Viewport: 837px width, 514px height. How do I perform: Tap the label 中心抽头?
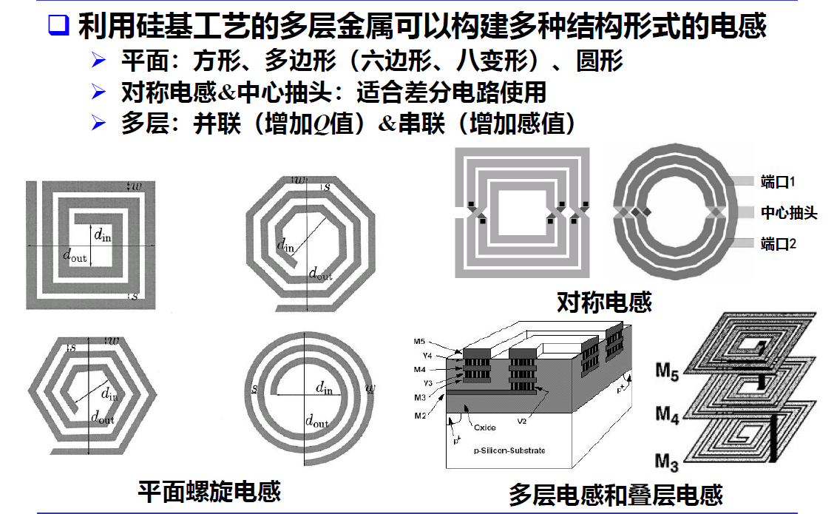[x=789, y=213]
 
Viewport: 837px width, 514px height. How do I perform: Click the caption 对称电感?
[x=604, y=302]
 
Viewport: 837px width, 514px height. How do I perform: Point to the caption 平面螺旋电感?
[x=209, y=491]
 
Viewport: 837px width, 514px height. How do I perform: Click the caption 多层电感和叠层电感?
[x=615, y=494]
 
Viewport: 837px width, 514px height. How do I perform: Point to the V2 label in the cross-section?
[x=521, y=421]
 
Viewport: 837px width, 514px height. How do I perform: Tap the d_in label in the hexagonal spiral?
[x=109, y=393]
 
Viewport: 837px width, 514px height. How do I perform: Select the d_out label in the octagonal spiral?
[x=320, y=274]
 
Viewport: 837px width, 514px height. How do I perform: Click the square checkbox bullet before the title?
[x=58, y=27]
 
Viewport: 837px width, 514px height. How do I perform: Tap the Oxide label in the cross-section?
[x=485, y=427]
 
